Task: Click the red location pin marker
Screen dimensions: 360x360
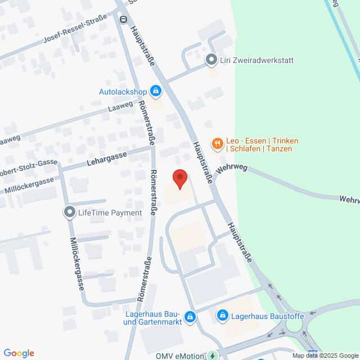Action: (x=179, y=179)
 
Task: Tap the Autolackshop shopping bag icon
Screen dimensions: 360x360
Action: (x=156, y=91)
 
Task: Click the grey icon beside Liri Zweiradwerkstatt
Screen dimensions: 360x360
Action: (x=211, y=60)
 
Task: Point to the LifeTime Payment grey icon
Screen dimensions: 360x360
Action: (x=69, y=212)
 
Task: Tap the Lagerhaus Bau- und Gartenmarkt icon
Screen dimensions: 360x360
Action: (x=190, y=317)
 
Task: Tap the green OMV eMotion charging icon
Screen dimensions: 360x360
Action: (x=211, y=355)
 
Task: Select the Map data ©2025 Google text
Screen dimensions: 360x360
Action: (x=325, y=355)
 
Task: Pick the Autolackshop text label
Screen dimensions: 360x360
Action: (x=123, y=91)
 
